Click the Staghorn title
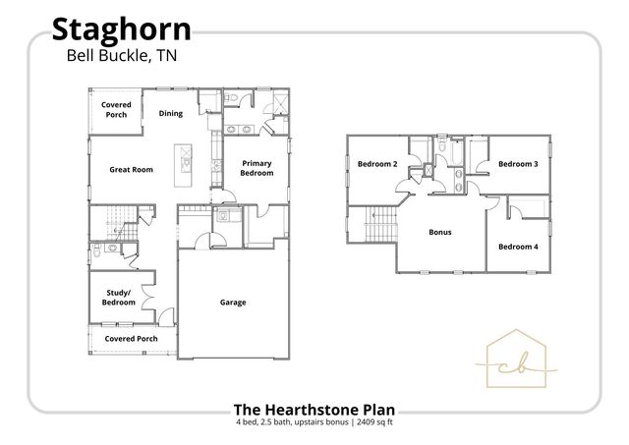pos(121,28)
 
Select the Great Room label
pos(131,170)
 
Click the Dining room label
pos(171,113)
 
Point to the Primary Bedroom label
pos(257,168)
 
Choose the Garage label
pos(233,302)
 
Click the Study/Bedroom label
pos(119,297)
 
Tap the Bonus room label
pos(439,233)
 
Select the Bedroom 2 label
pos(376,164)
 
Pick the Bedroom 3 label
pos(518,164)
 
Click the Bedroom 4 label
pos(518,246)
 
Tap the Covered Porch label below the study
pos(131,339)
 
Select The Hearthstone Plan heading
pos(314,409)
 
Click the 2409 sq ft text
pos(369,422)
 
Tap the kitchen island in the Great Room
pos(184,165)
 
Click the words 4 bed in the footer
pos(246,422)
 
